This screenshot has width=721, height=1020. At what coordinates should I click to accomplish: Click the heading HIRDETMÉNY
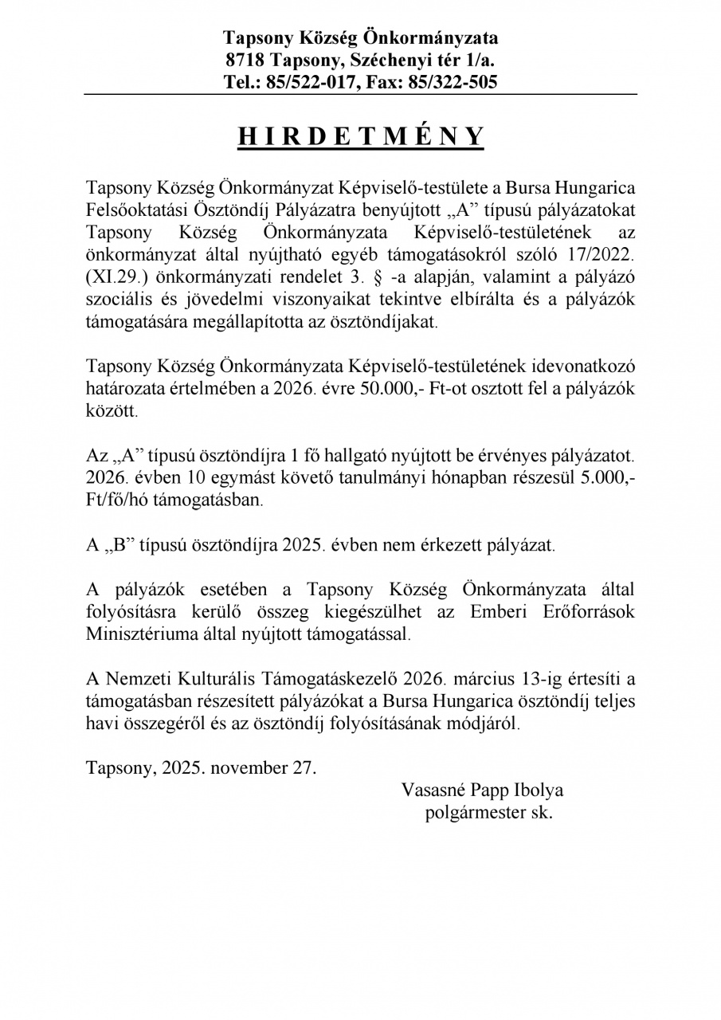click(x=361, y=136)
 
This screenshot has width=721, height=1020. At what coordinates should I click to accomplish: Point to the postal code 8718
click(x=245, y=60)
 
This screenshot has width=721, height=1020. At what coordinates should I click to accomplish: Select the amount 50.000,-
click(x=398, y=390)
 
